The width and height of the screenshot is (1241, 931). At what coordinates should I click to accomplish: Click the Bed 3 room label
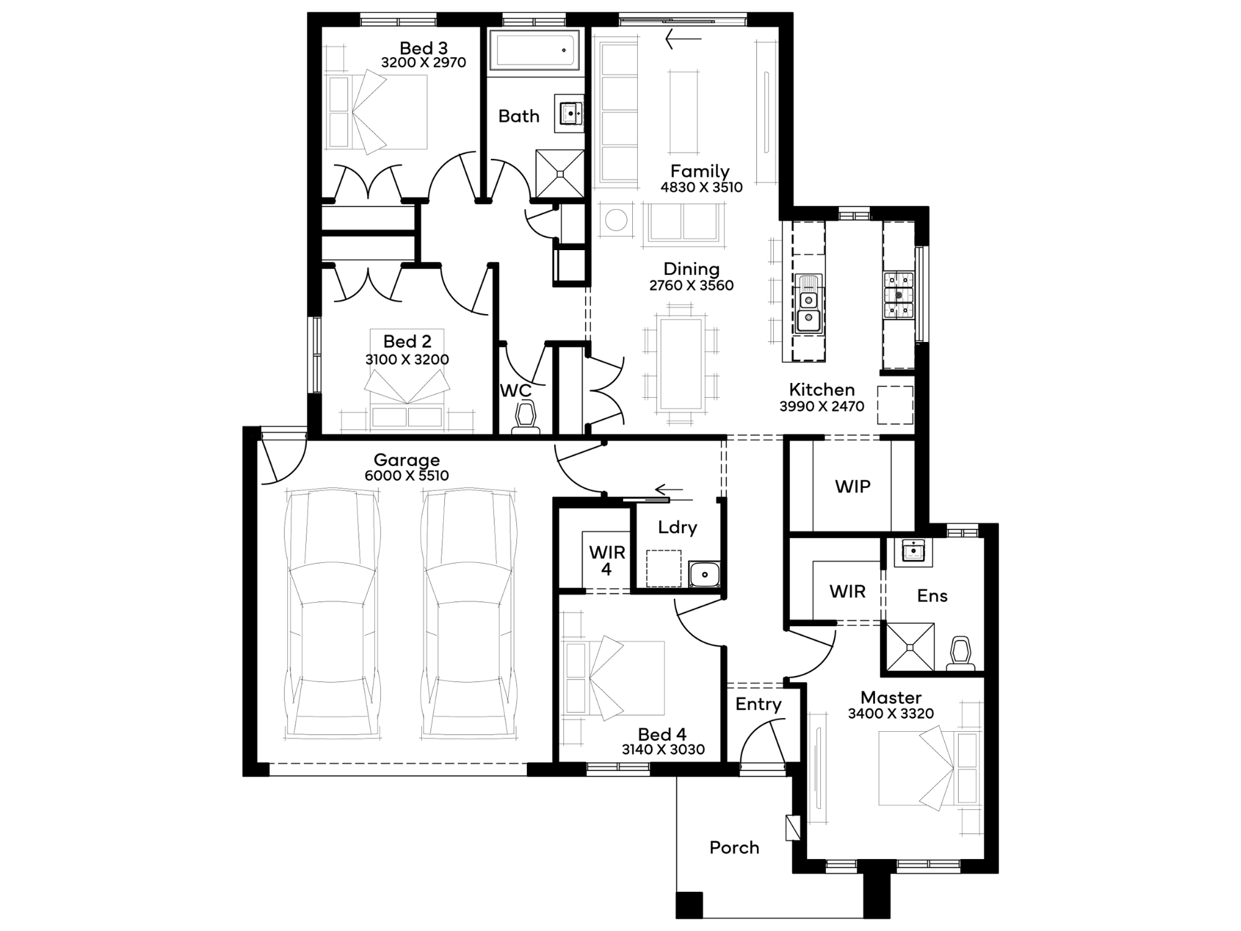tap(423, 48)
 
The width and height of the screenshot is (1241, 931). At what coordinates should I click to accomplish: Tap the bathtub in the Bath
tap(535, 50)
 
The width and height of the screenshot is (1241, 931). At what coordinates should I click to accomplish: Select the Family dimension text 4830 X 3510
tap(701, 187)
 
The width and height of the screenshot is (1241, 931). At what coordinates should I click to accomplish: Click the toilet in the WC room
tap(526, 415)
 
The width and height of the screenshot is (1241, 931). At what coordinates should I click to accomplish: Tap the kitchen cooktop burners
tap(898, 295)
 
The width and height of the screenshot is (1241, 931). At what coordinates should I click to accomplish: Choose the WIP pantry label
tap(853, 487)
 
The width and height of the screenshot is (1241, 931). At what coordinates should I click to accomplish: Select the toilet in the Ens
tap(960, 653)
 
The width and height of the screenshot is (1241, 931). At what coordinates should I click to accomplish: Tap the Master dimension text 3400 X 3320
tap(890, 714)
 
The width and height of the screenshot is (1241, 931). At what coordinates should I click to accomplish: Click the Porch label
tap(734, 848)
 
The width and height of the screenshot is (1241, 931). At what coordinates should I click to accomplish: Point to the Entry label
tap(758, 704)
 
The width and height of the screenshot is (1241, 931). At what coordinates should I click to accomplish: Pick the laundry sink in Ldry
tap(704, 574)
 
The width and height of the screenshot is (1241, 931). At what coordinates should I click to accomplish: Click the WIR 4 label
tap(607, 560)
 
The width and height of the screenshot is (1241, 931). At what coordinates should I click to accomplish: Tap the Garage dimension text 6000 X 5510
tap(406, 475)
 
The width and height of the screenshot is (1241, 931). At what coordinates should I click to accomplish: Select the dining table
tap(681, 364)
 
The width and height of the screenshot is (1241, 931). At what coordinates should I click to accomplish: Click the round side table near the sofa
tap(616, 220)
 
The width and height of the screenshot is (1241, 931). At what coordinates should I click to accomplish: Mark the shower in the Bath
tap(560, 174)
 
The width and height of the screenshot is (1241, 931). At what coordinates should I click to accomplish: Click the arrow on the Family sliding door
tap(683, 39)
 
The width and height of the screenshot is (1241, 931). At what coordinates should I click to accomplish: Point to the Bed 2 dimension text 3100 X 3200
tap(407, 359)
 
